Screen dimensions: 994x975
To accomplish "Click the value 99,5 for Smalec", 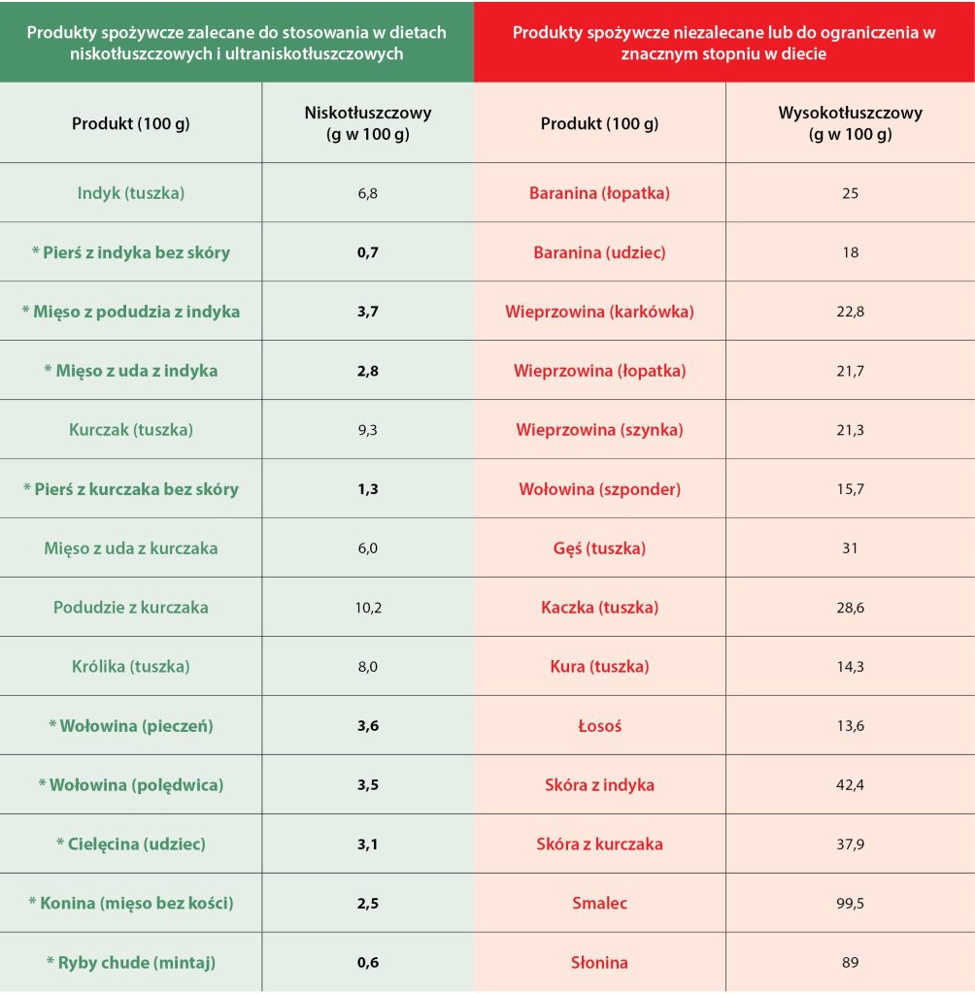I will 851,904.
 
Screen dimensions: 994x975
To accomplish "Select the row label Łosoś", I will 599,726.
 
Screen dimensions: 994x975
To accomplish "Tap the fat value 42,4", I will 851,785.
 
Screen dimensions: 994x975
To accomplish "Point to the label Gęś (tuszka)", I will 599,548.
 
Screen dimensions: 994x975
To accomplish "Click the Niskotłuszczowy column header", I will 368,123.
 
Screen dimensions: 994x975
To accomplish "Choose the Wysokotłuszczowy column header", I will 851,123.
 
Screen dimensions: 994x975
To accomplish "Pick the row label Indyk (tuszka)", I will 131,193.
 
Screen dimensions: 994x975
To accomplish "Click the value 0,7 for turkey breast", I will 368,252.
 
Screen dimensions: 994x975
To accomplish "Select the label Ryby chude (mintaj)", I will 131,963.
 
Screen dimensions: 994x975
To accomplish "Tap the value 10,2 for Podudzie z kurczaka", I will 368,608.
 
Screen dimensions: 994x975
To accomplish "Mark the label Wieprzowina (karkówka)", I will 599,312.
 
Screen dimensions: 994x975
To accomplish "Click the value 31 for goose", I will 851,548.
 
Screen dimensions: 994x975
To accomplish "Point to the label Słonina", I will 599,963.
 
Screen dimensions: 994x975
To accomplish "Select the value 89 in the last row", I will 851,963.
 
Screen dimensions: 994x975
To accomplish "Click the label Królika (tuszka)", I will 131,667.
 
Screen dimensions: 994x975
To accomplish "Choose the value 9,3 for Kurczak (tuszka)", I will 368,430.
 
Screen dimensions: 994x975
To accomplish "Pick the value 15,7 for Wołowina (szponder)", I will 851,489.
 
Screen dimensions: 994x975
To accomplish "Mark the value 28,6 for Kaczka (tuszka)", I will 851,608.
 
